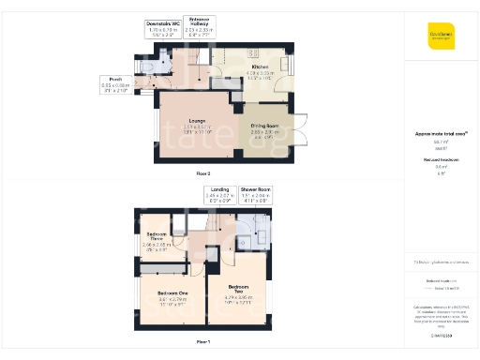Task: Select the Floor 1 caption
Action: [202, 341]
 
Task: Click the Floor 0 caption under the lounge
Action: [202, 174]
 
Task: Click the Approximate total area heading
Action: [441, 134]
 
